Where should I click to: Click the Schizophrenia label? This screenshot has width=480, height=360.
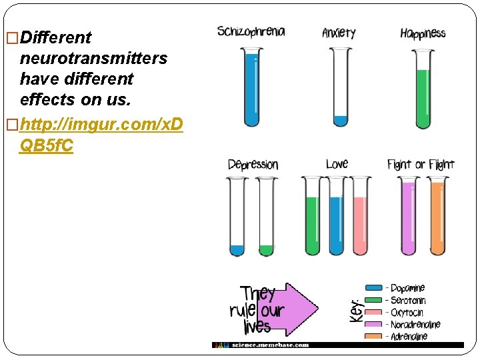pyautogui.click(x=251, y=32)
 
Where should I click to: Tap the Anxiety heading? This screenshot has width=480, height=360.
pyautogui.click(x=339, y=33)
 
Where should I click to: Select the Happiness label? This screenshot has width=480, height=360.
pyautogui.click(x=423, y=33)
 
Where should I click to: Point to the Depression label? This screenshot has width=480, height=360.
pyautogui.click(x=253, y=165)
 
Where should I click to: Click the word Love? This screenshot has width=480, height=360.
pyautogui.click(x=337, y=164)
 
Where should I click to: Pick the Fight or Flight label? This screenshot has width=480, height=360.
pyautogui.click(x=421, y=165)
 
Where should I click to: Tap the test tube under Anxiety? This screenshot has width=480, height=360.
pyautogui.click(x=340, y=87)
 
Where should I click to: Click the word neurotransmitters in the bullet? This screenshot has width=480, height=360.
pyautogui.click(x=93, y=58)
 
